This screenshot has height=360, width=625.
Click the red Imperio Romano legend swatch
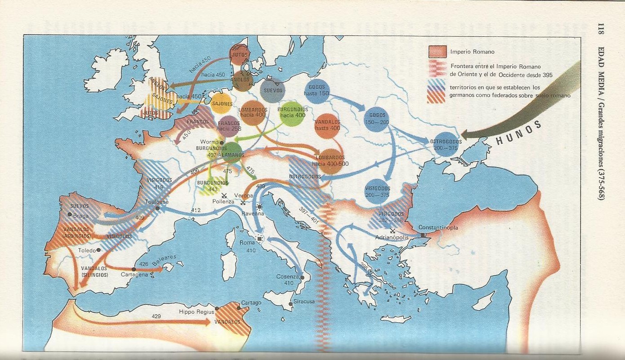[436, 51]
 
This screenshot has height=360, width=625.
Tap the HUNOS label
[518, 133]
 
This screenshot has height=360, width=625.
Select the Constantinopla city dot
[423, 235]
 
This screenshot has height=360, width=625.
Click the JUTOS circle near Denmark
[239, 54]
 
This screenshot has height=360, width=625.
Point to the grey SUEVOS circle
[272, 90]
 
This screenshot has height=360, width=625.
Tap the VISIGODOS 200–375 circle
[377, 191]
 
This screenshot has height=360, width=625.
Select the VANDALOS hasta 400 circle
[327, 125]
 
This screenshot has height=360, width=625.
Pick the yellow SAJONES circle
[222, 104]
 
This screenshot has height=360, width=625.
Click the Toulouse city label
[156, 202]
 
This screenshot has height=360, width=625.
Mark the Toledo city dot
[98, 249]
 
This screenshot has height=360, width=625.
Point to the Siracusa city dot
[291, 304]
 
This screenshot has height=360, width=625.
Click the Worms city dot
[222, 142]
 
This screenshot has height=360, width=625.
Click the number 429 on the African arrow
[156, 316]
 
